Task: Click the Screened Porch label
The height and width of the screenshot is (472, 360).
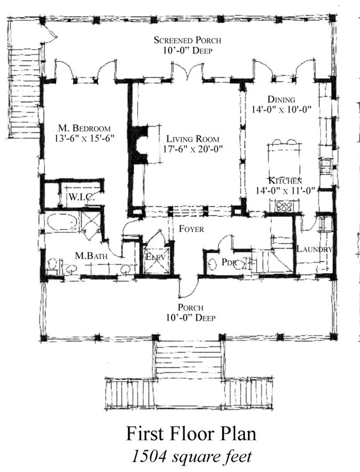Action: [x=187, y=40]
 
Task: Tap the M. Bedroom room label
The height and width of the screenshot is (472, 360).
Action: [x=84, y=129]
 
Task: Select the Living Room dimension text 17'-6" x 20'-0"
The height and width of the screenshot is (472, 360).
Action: [x=193, y=149]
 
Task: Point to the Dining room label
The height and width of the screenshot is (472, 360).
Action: [x=281, y=99]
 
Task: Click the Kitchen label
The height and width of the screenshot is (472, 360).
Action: [x=285, y=181]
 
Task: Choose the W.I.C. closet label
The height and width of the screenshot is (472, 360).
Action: [x=82, y=198]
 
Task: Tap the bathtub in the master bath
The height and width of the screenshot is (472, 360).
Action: [x=62, y=222]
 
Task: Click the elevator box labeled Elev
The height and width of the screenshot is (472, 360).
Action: [x=155, y=261]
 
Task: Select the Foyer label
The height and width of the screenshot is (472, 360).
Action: [x=191, y=229]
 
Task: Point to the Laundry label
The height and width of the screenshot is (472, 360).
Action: [x=314, y=249]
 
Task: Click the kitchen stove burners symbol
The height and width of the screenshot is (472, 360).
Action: [x=284, y=207]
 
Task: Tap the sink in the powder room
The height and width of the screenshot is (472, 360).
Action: [x=212, y=264]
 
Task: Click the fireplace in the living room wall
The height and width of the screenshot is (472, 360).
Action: [x=139, y=145]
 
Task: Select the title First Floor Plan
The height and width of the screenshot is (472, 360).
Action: [x=191, y=434]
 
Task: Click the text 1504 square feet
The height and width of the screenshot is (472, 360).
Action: [x=191, y=456]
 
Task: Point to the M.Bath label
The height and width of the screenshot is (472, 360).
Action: [x=91, y=256]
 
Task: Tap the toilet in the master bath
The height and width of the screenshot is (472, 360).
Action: [x=52, y=265]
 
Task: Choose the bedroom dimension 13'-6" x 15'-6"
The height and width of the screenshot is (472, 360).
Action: [x=85, y=138]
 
